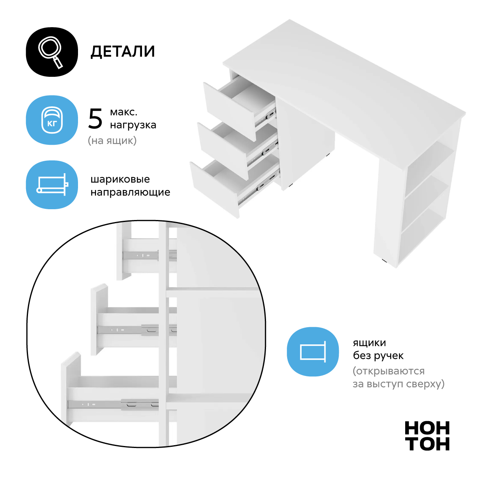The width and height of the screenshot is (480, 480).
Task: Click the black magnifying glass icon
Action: (52, 52)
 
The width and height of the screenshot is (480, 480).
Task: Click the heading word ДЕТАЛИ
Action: (122, 52)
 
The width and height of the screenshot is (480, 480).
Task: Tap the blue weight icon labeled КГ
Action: (52, 120)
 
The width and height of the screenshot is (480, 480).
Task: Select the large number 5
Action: (95, 119)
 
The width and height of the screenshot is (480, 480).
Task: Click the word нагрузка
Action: (133, 125)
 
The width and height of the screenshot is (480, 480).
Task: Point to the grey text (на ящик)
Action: (112, 140)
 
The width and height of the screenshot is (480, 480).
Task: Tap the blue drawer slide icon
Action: (52, 185)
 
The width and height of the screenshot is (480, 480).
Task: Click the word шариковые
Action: (120, 179)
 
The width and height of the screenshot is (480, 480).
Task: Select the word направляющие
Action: (130, 192)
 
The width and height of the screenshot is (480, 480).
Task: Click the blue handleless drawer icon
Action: (313, 352)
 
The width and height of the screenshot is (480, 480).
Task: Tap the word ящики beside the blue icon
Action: (369, 343)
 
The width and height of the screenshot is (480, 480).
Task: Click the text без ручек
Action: (378, 356)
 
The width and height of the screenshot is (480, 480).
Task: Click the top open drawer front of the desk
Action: (230, 112)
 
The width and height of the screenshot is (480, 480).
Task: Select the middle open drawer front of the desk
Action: (223, 151)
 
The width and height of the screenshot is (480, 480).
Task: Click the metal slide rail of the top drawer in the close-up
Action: (141, 255)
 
